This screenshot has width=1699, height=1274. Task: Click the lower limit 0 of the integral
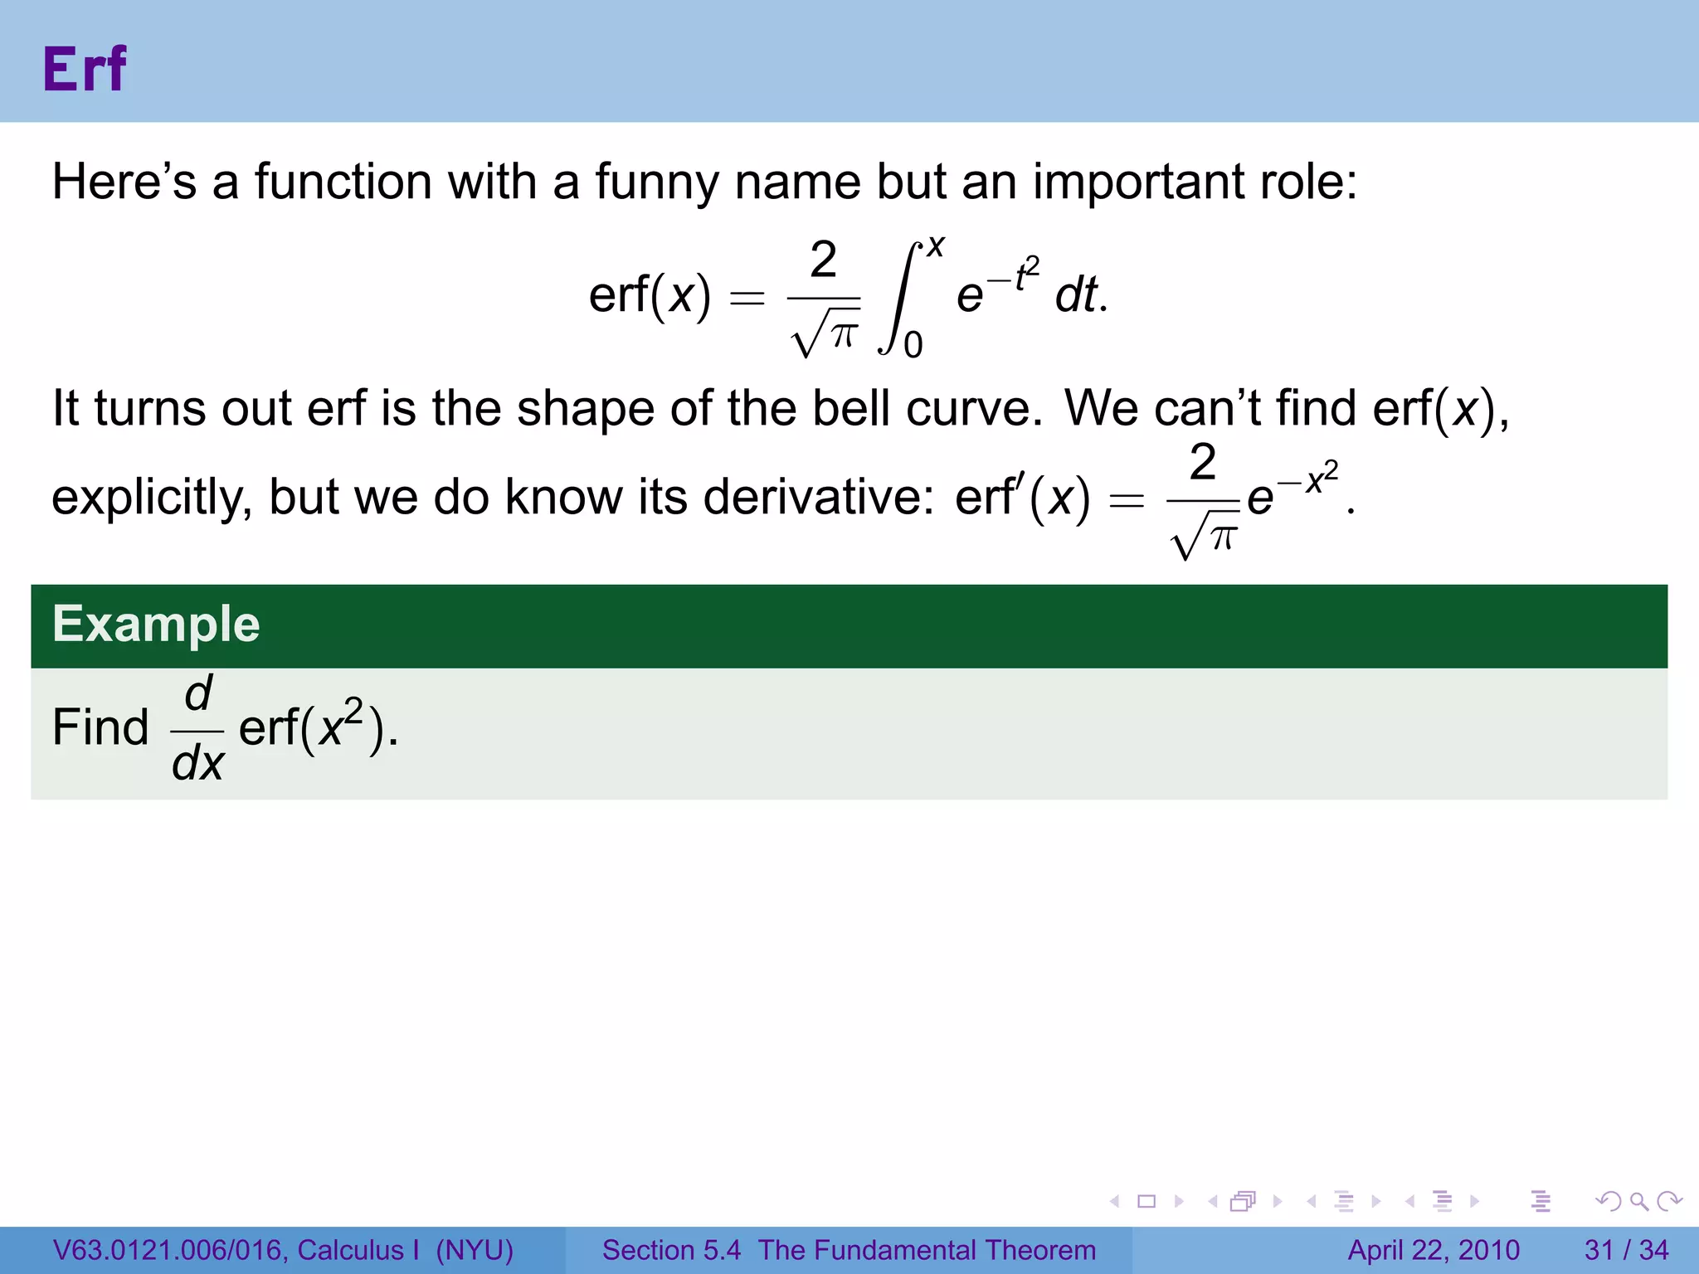click(x=913, y=345)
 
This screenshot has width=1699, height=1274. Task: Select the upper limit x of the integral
click(x=936, y=246)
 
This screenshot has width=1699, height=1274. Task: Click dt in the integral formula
click(x=1078, y=295)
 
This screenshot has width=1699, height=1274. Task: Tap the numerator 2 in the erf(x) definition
click(x=823, y=260)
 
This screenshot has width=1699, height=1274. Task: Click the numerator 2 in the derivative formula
click(x=1203, y=462)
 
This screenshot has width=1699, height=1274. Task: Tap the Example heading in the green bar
click(x=156, y=625)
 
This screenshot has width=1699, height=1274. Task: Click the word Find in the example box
click(x=100, y=727)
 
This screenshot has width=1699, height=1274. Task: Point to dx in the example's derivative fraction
click(x=197, y=762)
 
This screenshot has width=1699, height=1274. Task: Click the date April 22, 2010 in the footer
click(x=1434, y=1250)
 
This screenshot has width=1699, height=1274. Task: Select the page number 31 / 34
click(x=1626, y=1250)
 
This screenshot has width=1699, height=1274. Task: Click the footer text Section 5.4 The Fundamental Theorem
click(x=849, y=1250)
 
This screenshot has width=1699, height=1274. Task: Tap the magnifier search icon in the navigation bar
click(x=1638, y=1201)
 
